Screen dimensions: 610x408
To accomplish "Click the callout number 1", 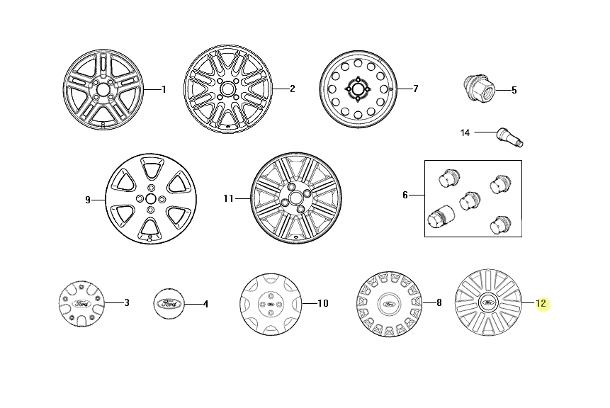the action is (x=164, y=89).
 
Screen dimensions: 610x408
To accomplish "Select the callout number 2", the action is (x=292, y=89).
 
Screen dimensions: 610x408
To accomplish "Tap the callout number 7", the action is (x=415, y=89).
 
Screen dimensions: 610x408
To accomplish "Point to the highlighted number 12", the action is (x=541, y=303).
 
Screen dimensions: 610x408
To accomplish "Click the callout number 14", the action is (x=465, y=132).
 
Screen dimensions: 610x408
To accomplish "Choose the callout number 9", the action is (x=88, y=200).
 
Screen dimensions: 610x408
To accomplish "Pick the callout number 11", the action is (x=228, y=198).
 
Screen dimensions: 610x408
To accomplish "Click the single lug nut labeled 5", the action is (x=478, y=88).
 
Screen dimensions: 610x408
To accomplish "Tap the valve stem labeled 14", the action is (x=510, y=137).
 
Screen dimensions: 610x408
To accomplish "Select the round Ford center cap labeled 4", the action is (x=169, y=303).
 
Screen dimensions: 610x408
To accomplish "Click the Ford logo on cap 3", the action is (x=82, y=303).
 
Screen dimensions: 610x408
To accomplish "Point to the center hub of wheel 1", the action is (x=103, y=89).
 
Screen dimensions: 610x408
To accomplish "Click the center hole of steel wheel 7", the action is (x=358, y=89).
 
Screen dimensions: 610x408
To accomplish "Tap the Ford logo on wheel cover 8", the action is (x=389, y=304).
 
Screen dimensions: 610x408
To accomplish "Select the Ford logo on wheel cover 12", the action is (x=488, y=302).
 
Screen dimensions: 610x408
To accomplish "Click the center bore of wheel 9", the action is (x=151, y=199).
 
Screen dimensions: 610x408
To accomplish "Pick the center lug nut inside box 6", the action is (x=470, y=200).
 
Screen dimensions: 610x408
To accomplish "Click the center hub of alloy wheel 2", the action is (x=227, y=89).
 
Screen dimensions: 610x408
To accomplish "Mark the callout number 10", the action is (x=323, y=303).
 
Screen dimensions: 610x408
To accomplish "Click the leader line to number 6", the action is (x=417, y=195).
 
